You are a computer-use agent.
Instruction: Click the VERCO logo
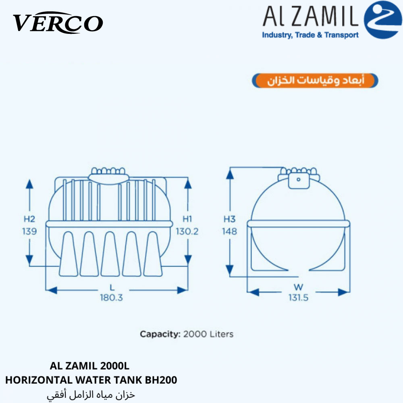click(58, 23)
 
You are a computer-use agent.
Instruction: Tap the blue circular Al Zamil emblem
click(383, 20)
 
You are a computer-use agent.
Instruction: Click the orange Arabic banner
click(315, 81)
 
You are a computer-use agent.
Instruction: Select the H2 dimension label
click(29, 219)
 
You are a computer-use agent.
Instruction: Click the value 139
click(29, 231)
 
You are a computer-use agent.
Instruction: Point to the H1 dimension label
click(187, 219)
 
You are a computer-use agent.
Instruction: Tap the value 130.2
click(187, 231)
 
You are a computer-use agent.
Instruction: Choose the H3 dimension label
click(230, 219)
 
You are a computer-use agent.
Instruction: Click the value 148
click(230, 231)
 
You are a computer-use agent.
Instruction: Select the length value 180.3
click(111, 298)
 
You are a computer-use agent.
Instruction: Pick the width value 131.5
click(298, 298)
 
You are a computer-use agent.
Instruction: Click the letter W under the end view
click(298, 287)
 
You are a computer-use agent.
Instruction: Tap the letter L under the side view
click(112, 287)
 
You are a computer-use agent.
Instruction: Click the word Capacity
click(160, 334)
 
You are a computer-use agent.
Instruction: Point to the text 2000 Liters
click(208, 334)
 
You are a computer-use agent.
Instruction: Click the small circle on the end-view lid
click(298, 179)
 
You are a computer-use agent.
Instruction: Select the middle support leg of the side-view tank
click(110, 254)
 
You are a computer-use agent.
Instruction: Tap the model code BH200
click(161, 380)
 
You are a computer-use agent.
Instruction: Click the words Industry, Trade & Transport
click(310, 35)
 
